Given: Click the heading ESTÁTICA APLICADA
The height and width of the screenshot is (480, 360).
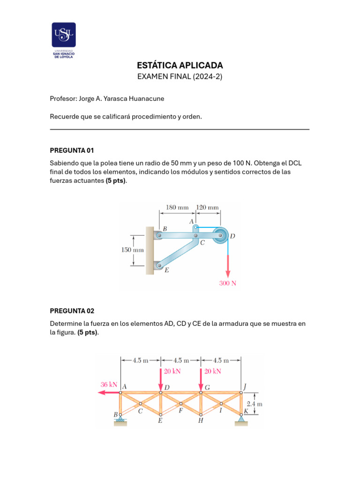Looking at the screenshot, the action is point(180,66).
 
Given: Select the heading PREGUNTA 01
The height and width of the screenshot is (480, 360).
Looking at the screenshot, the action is point(72,150).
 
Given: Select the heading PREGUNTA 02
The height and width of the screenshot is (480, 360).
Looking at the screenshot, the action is point(72,311).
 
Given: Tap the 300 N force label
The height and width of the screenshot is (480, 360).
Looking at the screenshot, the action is point(228,283).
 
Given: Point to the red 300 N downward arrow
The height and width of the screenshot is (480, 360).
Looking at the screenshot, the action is point(228,265).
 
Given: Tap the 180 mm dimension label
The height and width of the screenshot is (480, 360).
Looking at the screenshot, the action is point(177,207).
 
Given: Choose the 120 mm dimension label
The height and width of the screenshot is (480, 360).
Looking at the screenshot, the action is point(207,207).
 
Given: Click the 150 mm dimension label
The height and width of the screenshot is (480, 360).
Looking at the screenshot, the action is point(133,250).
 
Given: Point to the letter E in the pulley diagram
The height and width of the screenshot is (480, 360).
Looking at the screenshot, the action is point(166,270).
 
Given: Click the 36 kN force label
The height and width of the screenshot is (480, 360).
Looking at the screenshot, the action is point(109,384).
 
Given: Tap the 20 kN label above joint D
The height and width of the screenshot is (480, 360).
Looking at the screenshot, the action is point(172,371).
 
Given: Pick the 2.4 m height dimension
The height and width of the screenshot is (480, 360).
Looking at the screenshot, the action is point(254,403).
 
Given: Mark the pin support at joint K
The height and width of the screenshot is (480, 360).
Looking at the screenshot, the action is point(241,419).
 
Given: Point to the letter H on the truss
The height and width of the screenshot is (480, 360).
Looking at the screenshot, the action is point(201,420).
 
